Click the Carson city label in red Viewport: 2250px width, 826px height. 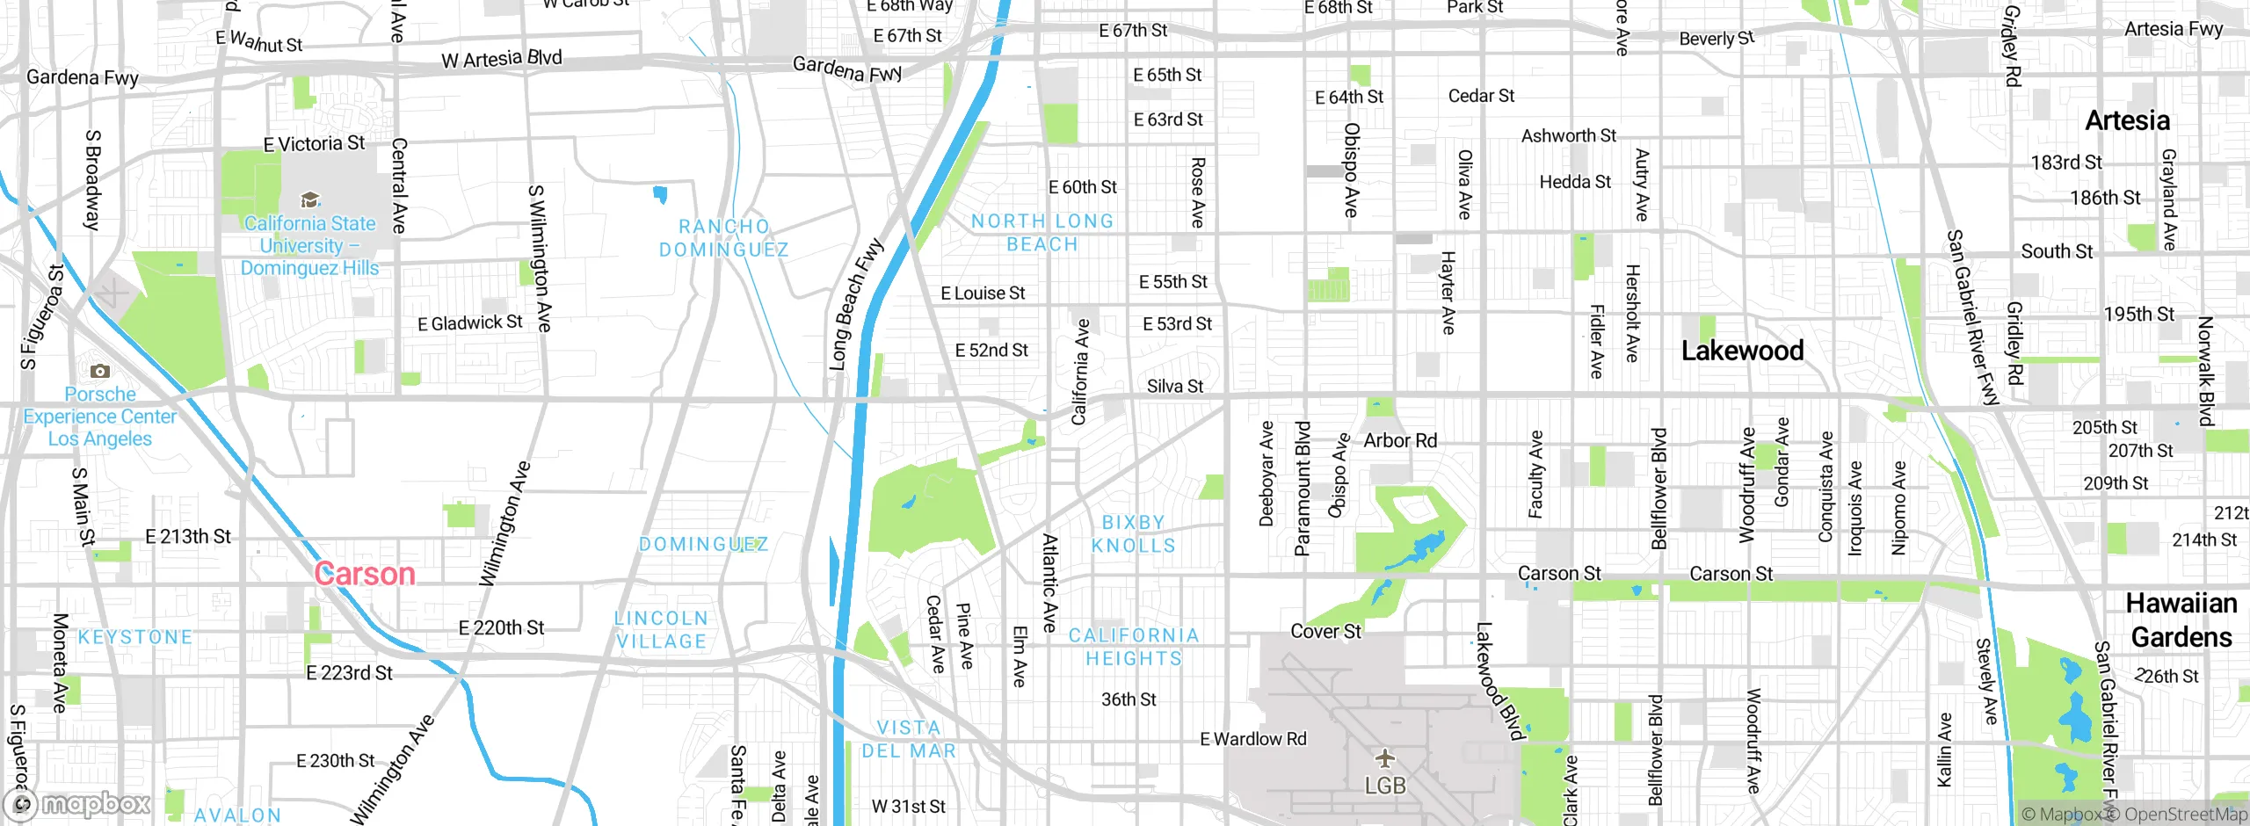click(365, 574)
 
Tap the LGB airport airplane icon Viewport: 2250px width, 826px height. click(1385, 757)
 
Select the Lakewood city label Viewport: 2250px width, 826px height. click(1742, 351)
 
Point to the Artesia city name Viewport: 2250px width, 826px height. click(2127, 120)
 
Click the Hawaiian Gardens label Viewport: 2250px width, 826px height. click(2181, 619)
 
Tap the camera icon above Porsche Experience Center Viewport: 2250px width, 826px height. click(100, 371)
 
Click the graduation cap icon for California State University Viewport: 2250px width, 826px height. click(309, 200)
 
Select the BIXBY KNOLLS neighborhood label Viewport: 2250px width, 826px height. click(1133, 534)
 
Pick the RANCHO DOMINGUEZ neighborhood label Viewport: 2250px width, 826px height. click(723, 238)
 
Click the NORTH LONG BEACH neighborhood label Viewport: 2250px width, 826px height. click(1042, 233)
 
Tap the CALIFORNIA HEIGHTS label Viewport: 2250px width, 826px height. click(1133, 647)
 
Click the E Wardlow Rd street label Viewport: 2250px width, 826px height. click(1253, 739)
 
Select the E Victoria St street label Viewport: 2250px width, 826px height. click(314, 143)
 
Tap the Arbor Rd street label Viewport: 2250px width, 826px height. click(1400, 440)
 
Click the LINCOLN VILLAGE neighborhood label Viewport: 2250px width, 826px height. click(661, 630)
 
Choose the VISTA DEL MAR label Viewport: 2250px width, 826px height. click(909, 739)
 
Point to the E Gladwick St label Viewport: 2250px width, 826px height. click(469, 323)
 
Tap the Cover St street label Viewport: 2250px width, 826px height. click(1325, 631)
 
